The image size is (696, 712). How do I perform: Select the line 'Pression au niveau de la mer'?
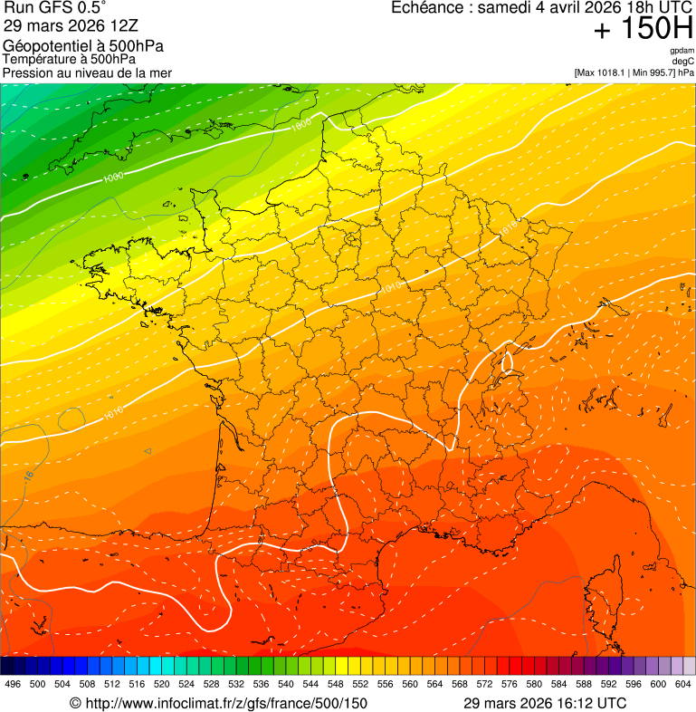pyautogui.click(x=87, y=72)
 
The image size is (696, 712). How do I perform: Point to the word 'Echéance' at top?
pyautogui.click(x=428, y=8)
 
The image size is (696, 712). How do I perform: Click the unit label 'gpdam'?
pyautogui.click(x=682, y=51)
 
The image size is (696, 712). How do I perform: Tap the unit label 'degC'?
pyautogui.click(x=684, y=61)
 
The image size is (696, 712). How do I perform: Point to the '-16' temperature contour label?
pyautogui.click(x=28, y=475)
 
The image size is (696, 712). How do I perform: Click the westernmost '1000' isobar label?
pyautogui.click(x=113, y=178)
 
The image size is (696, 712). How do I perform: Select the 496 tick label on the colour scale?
pyautogui.click(x=13, y=684)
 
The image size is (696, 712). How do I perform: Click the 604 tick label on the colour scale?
pyautogui.click(x=682, y=684)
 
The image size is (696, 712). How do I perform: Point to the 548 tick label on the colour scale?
pyautogui.click(x=335, y=684)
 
